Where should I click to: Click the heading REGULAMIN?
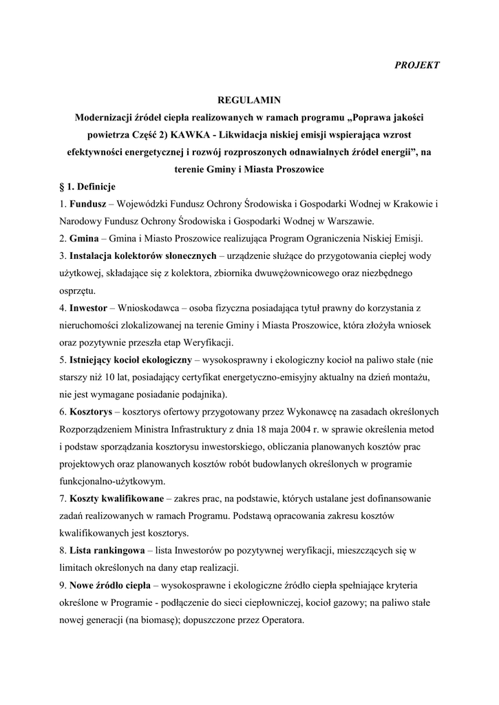pos(249,100)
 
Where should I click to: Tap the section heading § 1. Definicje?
pos(88,187)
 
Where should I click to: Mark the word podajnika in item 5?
pos(199,394)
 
